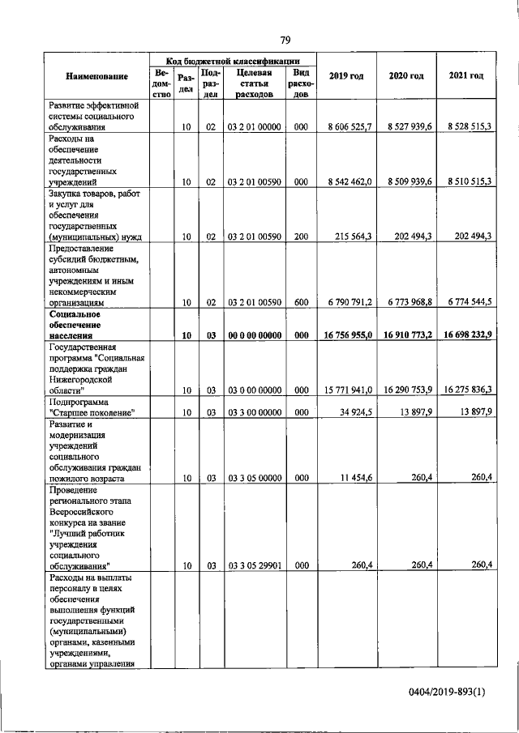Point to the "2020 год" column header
(x=406, y=75)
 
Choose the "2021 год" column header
(x=466, y=75)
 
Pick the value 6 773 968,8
(x=410, y=302)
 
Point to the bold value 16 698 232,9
(x=466, y=335)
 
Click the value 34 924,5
(x=354, y=412)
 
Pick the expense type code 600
(x=300, y=302)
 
